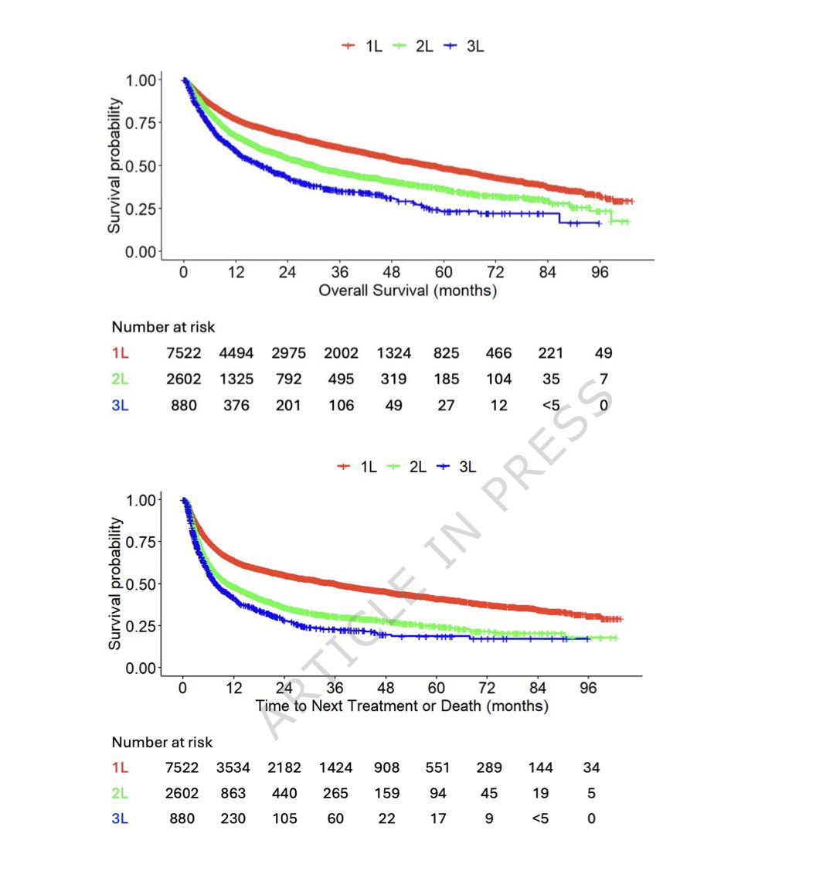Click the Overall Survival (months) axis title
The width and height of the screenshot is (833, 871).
coord(407,291)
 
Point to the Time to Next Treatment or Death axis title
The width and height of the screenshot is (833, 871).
coord(402,706)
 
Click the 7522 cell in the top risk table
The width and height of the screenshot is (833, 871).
coord(184,353)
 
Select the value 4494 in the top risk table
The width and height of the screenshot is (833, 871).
coord(236,353)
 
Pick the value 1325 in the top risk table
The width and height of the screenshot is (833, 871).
coord(236,379)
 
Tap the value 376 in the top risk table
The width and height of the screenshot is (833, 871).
coord(236,406)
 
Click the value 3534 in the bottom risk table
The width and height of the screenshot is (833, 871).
coord(233,768)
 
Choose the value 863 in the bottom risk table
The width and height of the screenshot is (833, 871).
coord(233,794)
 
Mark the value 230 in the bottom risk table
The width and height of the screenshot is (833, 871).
coord(233,819)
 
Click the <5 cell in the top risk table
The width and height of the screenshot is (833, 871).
coord(551,406)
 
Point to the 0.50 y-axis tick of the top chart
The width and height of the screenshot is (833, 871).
coord(141,166)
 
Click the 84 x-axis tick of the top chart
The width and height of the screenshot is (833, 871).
coord(547,272)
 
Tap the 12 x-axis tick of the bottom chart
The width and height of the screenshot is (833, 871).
coord(234,688)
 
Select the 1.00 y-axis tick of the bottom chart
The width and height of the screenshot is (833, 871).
coord(141,500)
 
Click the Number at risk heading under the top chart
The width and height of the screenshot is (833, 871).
coord(163,327)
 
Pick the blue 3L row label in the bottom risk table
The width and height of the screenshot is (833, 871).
coord(120,819)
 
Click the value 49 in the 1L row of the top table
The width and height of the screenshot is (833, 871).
coord(603,353)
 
